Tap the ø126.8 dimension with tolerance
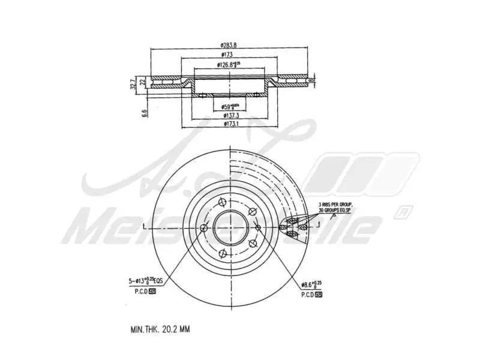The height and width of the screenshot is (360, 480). (229, 64)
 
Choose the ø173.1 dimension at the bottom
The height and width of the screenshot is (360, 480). (231, 124)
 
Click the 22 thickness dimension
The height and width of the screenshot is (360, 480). (142, 82)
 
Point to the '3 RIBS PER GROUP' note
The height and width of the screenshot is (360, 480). (335, 205)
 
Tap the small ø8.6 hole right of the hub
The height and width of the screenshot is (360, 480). (257, 227)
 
